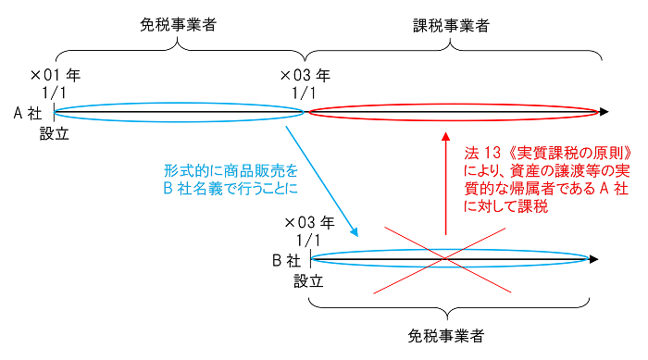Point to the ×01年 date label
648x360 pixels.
click(56, 74)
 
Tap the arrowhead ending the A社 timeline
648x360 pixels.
click(603, 112)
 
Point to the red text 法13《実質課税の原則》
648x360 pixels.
click(548, 151)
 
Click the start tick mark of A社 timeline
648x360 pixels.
click(54, 112)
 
